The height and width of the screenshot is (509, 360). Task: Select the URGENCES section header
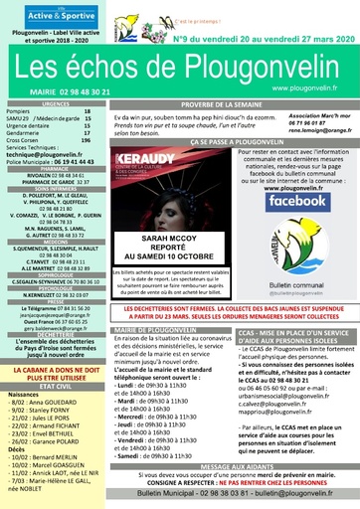pos(56,102)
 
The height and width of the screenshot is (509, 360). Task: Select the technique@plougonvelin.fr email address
pos(56,156)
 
